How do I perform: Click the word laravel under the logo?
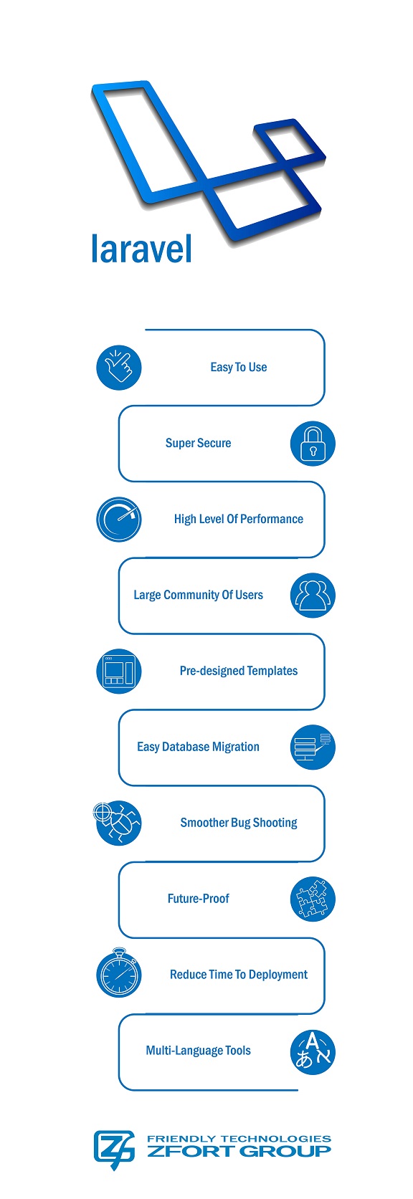(141, 249)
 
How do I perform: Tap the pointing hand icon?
(119, 368)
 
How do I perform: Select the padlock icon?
(313, 444)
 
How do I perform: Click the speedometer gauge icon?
(119, 520)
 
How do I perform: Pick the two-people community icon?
(313, 596)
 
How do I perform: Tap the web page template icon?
(119, 672)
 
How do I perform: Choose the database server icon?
(313, 747)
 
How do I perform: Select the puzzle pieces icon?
(313, 899)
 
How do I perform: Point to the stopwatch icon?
(119, 974)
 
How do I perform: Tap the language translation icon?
(313, 1051)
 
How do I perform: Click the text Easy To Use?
(239, 368)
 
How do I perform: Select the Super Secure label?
(198, 444)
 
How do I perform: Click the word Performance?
(272, 520)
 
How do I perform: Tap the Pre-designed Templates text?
(239, 672)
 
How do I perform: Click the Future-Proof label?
(198, 899)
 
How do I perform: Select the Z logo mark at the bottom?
(114, 1149)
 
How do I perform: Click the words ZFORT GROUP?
(239, 1152)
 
